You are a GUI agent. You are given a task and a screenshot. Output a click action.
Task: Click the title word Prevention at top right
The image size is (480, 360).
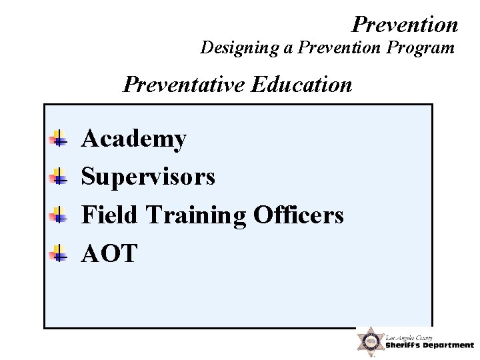pos(405,25)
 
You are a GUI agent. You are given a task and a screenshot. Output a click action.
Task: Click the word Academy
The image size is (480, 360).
pos(133,139)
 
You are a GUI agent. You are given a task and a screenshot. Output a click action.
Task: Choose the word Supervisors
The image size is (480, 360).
pos(148,177)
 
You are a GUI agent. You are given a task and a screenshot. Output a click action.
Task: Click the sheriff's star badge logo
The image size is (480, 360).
pos(369,342)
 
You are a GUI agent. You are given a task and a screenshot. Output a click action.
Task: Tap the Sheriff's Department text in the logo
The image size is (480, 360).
pos(429,345)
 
